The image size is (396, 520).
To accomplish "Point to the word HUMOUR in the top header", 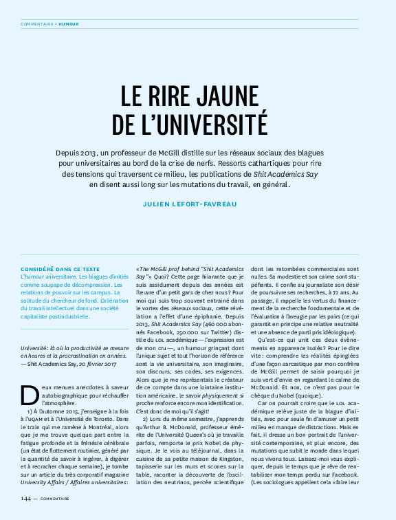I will click(68, 23).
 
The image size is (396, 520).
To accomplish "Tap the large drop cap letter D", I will click(30, 396).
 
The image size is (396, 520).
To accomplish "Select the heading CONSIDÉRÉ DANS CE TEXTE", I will click(60, 269).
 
